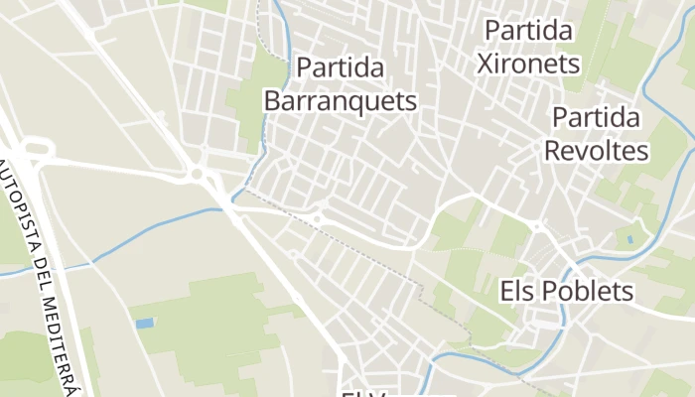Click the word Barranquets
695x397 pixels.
click(x=341, y=101)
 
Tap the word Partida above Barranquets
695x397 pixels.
click(x=341, y=69)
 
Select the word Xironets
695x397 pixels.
click(x=527, y=64)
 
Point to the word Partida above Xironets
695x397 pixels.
click(x=528, y=31)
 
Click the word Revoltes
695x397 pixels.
click(x=596, y=151)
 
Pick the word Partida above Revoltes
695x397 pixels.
click(x=596, y=118)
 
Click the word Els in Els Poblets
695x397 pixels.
click(x=516, y=292)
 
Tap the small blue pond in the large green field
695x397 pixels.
click(x=145, y=324)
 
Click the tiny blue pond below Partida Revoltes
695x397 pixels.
click(x=629, y=240)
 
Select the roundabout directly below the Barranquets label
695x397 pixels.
click(x=319, y=218)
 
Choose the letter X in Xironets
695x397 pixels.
click(x=486, y=64)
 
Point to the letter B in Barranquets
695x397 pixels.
click(x=273, y=101)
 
